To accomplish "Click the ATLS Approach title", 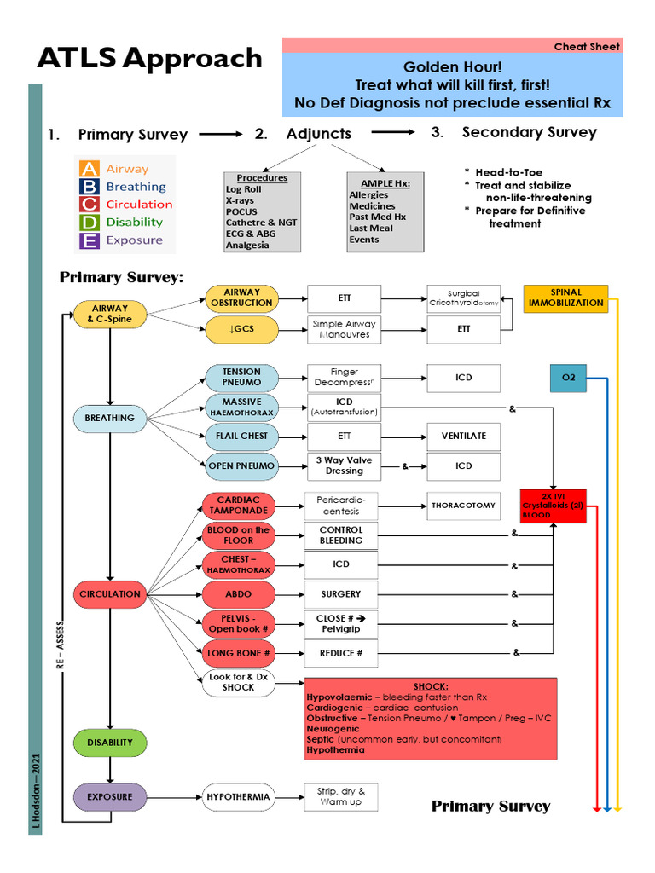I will [149, 58].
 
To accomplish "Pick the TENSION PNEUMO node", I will [241, 377].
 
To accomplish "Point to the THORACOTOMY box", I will [463, 505].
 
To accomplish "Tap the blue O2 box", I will [568, 377].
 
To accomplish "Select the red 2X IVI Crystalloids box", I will [554, 506].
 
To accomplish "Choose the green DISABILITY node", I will [110, 742].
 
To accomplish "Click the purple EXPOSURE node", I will [110, 796].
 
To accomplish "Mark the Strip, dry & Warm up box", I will [341, 797].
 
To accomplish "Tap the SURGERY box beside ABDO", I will [341, 593].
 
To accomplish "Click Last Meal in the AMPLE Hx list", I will [371, 228].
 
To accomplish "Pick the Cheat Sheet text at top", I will [587, 46].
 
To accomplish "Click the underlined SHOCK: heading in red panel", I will [431, 686].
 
